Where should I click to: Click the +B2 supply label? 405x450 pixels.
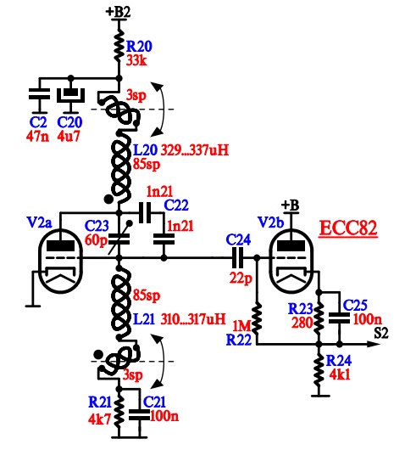[118, 12]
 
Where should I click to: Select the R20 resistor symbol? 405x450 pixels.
[119, 48]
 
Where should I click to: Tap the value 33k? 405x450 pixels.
[136, 60]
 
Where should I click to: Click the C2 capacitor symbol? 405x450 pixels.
[39, 94]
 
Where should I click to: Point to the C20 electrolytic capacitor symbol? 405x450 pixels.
[70, 95]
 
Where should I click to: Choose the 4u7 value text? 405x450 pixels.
[68, 136]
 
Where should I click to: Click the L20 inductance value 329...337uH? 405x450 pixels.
[195, 150]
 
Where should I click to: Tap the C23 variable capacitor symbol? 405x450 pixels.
[119, 239]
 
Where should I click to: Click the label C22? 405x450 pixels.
[176, 205]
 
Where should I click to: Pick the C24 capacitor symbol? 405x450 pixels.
[237, 258]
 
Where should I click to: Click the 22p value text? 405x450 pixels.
[241, 278]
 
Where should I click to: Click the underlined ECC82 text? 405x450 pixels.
[348, 228]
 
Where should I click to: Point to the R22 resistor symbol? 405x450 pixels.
[257, 318]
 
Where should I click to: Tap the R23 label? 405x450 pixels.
[300, 309]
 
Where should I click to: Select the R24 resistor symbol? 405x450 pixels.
[319, 370]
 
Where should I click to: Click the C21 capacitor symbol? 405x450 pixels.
[140, 415]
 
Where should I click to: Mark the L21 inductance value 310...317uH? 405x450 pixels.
[193, 319]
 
